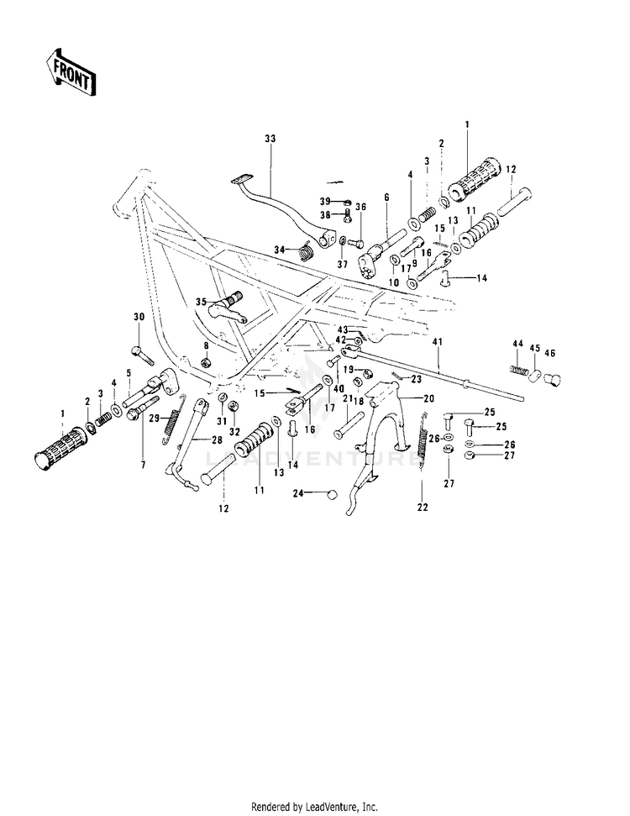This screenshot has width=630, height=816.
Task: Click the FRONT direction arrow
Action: (x=69, y=73)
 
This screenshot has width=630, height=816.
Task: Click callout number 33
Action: (x=270, y=139)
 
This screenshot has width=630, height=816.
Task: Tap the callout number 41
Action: (x=437, y=342)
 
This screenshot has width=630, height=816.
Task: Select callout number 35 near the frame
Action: (x=202, y=302)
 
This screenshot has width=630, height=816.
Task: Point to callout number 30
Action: (x=139, y=317)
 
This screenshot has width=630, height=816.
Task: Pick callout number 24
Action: (x=298, y=492)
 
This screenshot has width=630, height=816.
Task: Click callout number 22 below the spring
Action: (x=423, y=508)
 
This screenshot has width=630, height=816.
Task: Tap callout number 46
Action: (x=550, y=353)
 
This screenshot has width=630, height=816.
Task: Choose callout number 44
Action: (x=517, y=344)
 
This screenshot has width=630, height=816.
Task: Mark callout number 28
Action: (x=217, y=440)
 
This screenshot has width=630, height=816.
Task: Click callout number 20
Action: (x=428, y=399)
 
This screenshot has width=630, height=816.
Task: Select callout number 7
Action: (x=143, y=465)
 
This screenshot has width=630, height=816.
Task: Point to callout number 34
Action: (x=281, y=250)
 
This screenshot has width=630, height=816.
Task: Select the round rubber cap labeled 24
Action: (x=328, y=493)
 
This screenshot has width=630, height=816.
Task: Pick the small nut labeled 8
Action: (x=206, y=361)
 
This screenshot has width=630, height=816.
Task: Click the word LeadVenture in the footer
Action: (x=332, y=807)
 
